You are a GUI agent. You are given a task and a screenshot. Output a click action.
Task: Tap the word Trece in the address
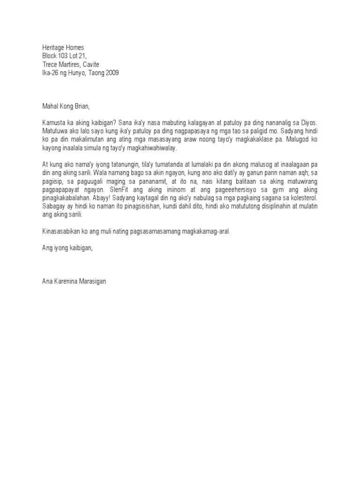point(51,64)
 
